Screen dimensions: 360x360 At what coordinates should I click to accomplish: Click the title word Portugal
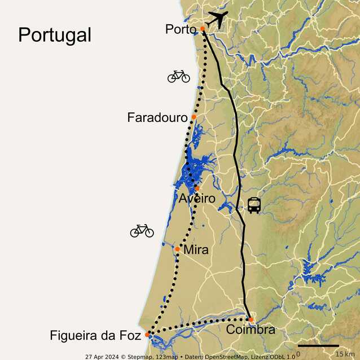tap(55, 35)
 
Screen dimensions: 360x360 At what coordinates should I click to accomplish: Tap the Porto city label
tap(181, 29)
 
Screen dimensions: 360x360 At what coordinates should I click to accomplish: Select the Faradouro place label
tap(157, 118)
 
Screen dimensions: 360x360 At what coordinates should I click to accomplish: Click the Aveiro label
tap(197, 199)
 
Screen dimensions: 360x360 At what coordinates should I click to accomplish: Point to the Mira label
tap(196, 250)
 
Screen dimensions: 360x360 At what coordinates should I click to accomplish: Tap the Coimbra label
tap(251, 330)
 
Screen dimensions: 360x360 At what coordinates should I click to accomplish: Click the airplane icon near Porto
tap(217, 19)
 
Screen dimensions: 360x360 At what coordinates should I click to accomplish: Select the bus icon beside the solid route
tap(254, 205)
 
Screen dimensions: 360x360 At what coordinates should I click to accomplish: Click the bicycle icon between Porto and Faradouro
tap(179, 76)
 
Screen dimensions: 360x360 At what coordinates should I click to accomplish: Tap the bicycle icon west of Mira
tap(142, 230)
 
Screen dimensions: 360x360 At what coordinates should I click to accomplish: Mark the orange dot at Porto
tap(203, 28)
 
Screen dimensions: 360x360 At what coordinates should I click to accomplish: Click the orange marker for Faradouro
tap(194, 117)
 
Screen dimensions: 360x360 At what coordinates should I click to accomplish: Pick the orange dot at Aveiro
tap(197, 188)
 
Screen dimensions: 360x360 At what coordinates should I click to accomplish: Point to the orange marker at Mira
tap(177, 249)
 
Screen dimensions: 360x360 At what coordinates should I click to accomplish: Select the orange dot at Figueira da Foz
tap(148, 335)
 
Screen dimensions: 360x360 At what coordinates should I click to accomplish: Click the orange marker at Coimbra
tap(251, 319)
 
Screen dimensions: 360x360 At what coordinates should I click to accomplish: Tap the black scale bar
tap(318, 345)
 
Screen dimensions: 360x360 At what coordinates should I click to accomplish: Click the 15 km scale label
tap(344, 354)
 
